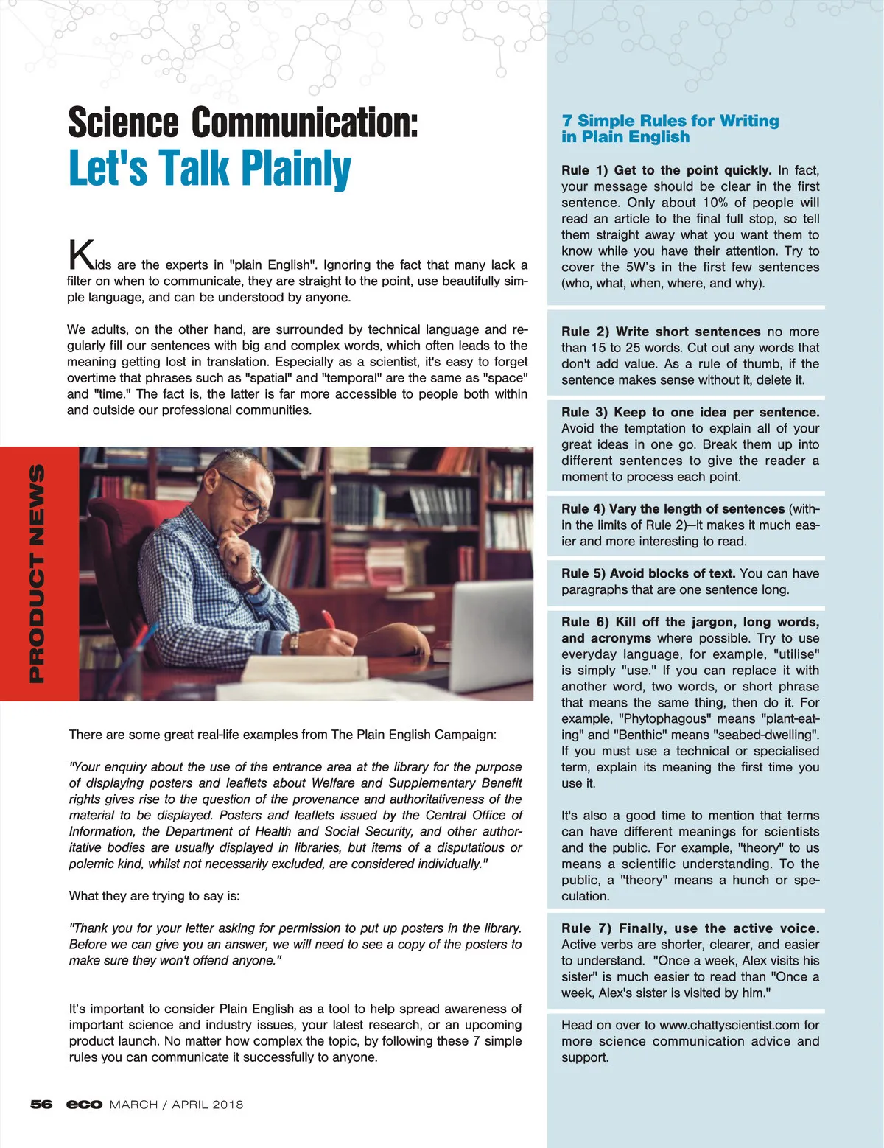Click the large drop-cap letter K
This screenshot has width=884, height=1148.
pos(80,255)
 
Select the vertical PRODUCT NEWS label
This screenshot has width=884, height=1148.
pos(36,573)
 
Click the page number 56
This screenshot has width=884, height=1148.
pos(41,1104)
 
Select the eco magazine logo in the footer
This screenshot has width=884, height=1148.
pos(84,1104)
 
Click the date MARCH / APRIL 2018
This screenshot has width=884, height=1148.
pos(176,1104)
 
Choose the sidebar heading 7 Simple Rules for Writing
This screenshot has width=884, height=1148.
pos(670,121)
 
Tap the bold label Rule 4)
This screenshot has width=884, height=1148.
pos(583,508)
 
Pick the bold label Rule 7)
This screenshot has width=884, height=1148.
pos(586,928)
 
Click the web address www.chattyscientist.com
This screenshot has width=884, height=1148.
pos(729,1025)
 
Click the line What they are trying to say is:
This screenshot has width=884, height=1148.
pos(154,896)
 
